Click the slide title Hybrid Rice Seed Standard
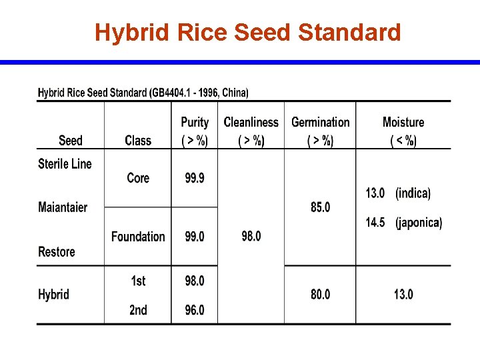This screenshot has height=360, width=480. (247, 32)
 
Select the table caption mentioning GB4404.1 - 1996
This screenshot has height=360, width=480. (143, 93)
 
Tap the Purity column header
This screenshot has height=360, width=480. (195, 131)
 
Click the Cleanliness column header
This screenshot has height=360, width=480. (251, 131)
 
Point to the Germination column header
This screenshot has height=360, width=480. (320, 131)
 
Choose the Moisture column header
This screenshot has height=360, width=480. (403, 131)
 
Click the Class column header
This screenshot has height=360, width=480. (138, 140)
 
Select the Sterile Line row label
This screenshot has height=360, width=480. (65, 164)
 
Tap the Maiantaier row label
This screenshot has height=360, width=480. (63, 207)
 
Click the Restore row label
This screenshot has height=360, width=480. (57, 252)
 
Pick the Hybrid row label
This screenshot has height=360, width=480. (53, 295)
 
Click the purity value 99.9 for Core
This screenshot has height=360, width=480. (195, 178)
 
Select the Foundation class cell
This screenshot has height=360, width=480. (138, 237)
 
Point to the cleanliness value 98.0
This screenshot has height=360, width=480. (251, 237)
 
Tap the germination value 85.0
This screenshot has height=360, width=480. (320, 207)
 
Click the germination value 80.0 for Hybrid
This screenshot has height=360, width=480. (320, 295)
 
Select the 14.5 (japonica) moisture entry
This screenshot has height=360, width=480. (403, 223)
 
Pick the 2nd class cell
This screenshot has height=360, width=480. (138, 310)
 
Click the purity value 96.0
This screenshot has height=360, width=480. (195, 310)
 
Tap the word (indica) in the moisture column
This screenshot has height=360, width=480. (413, 193)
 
